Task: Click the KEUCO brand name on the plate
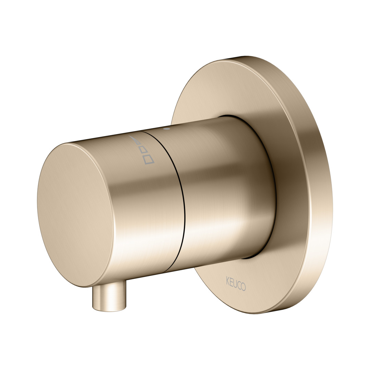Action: point(236,283)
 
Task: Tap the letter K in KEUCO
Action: point(228,281)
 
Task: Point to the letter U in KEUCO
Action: point(235,283)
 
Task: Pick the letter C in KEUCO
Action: point(239,285)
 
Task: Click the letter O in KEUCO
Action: point(243,286)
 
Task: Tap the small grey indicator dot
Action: point(167,129)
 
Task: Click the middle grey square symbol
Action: point(144,150)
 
